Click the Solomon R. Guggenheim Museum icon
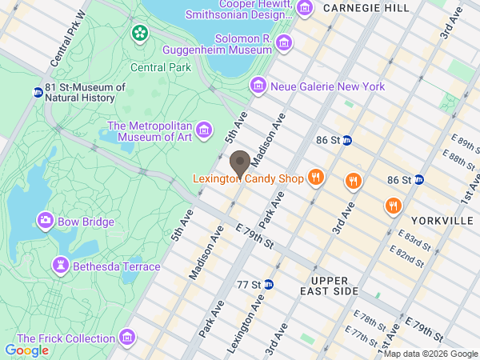283,43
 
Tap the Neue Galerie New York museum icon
258,86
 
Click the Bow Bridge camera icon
45,221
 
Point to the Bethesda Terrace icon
61,266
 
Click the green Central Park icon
140,34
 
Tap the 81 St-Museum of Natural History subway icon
38,92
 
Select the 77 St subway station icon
270,284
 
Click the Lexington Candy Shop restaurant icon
316,178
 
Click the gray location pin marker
238,164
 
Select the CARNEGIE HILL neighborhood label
366,7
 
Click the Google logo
26,350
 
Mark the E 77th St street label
362,335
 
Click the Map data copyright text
430,354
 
